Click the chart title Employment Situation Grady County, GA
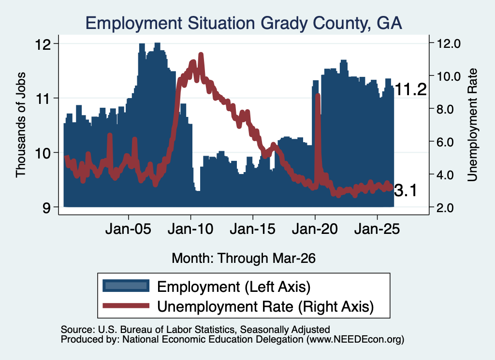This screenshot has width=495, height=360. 244,24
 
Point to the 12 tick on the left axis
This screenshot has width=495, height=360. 43,44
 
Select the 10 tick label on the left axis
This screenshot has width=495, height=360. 43,153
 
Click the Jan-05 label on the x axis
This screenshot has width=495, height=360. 128,229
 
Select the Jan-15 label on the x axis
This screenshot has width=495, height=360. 252,229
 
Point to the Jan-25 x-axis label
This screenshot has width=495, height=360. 377,229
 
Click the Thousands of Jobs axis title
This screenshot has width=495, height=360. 21,125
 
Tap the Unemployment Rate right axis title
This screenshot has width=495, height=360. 472,125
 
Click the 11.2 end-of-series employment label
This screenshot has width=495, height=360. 410,89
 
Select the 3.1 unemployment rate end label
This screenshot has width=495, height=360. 406,191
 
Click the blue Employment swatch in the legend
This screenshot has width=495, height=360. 126,286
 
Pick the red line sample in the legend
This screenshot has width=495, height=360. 126,305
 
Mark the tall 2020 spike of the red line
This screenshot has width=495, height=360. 318,96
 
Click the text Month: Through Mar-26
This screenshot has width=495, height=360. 244,259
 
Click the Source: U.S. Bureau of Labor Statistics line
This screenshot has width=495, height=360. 195,330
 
